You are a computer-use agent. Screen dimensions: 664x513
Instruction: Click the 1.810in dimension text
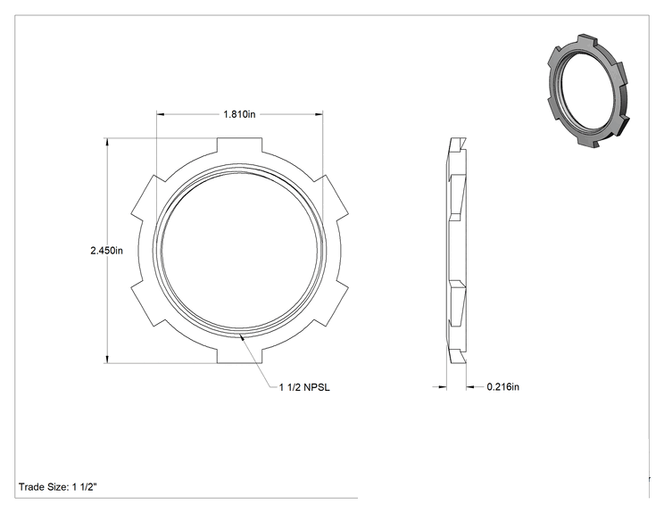click(x=240, y=114)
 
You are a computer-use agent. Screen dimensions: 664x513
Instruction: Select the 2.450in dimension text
click(x=107, y=251)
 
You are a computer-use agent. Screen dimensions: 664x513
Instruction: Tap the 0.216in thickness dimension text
click(x=503, y=387)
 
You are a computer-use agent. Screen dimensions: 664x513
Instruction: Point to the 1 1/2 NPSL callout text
click(x=304, y=387)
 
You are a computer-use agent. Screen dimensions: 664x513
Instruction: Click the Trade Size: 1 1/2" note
click(x=58, y=487)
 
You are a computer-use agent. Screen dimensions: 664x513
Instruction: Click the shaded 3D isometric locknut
click(x=586, y=90)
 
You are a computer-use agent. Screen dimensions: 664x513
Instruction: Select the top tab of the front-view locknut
click(x=240, y=145)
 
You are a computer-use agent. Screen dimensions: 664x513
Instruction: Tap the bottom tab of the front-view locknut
click(x=240, y=356)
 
